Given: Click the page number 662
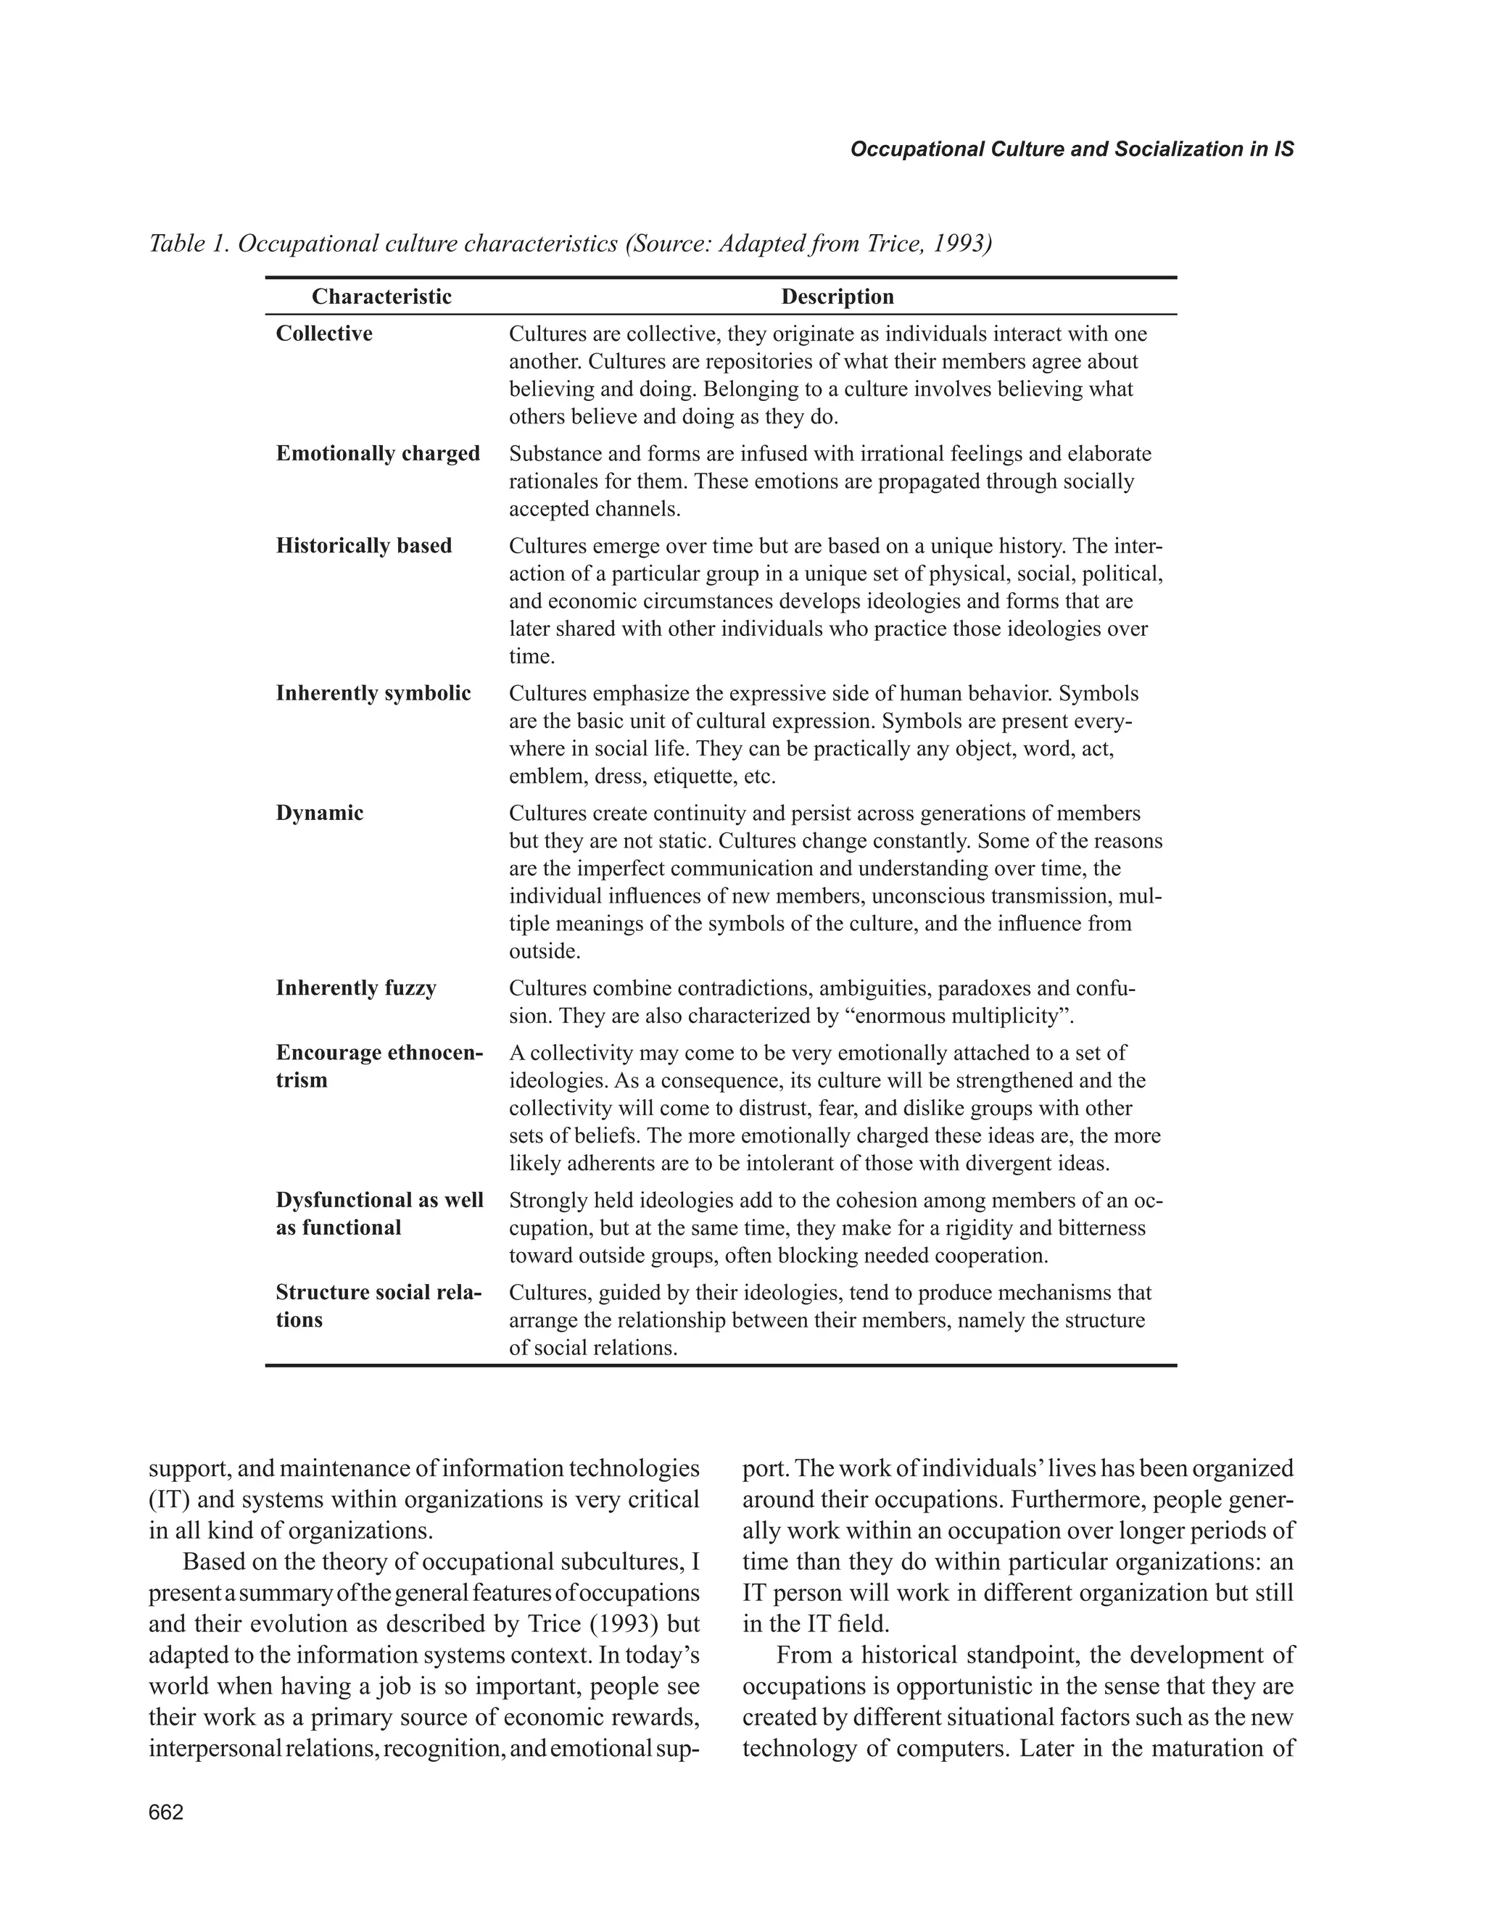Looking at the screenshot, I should click(x=166, y=1812).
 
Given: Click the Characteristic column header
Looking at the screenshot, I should click(x=381, y=297).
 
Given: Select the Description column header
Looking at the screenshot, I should click(x=837, y=297).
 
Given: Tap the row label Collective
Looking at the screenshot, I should click(x=323, y=334).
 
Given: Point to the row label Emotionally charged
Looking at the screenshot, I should click(x=378, y=454).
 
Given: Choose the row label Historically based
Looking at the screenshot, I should click(x=363, y=546).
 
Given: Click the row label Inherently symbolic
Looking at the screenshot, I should click(x=373, y=694).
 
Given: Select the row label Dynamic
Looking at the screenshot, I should click(x=319, y=813).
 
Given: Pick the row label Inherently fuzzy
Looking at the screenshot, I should click(x=356, y=989).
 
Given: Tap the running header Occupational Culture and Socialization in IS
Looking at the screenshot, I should click(x=1072, y=149).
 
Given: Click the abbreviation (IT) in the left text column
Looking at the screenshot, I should click(x=170, y=1500).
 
